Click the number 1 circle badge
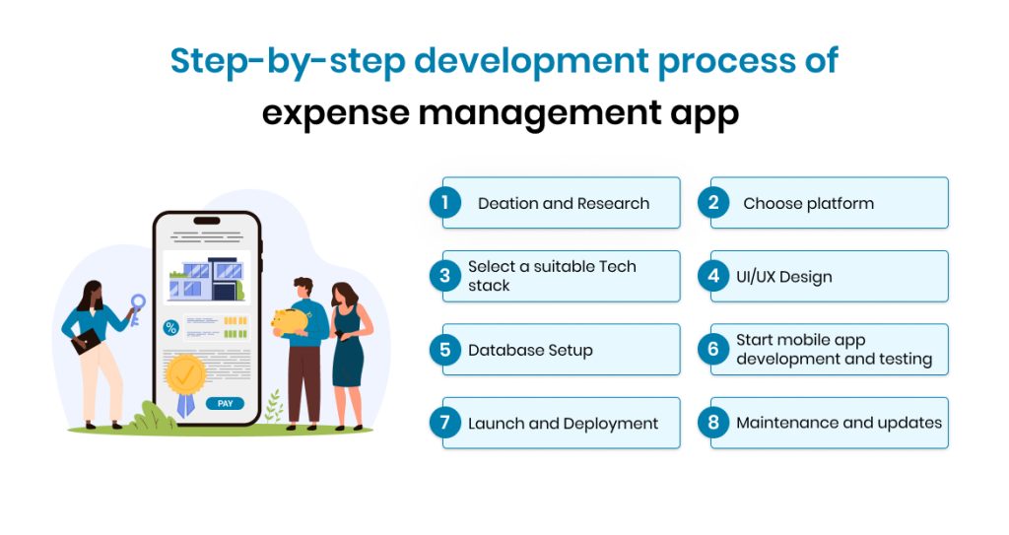pyautogui.click(x=444, y=203)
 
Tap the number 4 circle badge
pyautogui.click(x=713, y=276)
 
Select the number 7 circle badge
pyautogui.click(x=444, y=423)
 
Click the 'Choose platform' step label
pyautogui.click(x=808, y=204)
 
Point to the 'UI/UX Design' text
pyautogui.click(x=783, y=277)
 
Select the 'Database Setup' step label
pyautogui.click(x=530, y=350)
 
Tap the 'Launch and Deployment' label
pyautogui.click(x=563, y=424)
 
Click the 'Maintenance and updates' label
pyautogui.click(x=839, y=423)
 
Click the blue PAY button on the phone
pyautogui.click(x=225, y=403)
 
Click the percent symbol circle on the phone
pyautogui.click(x=170, y=327)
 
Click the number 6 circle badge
pyautogui.click(x=713, y=350)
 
